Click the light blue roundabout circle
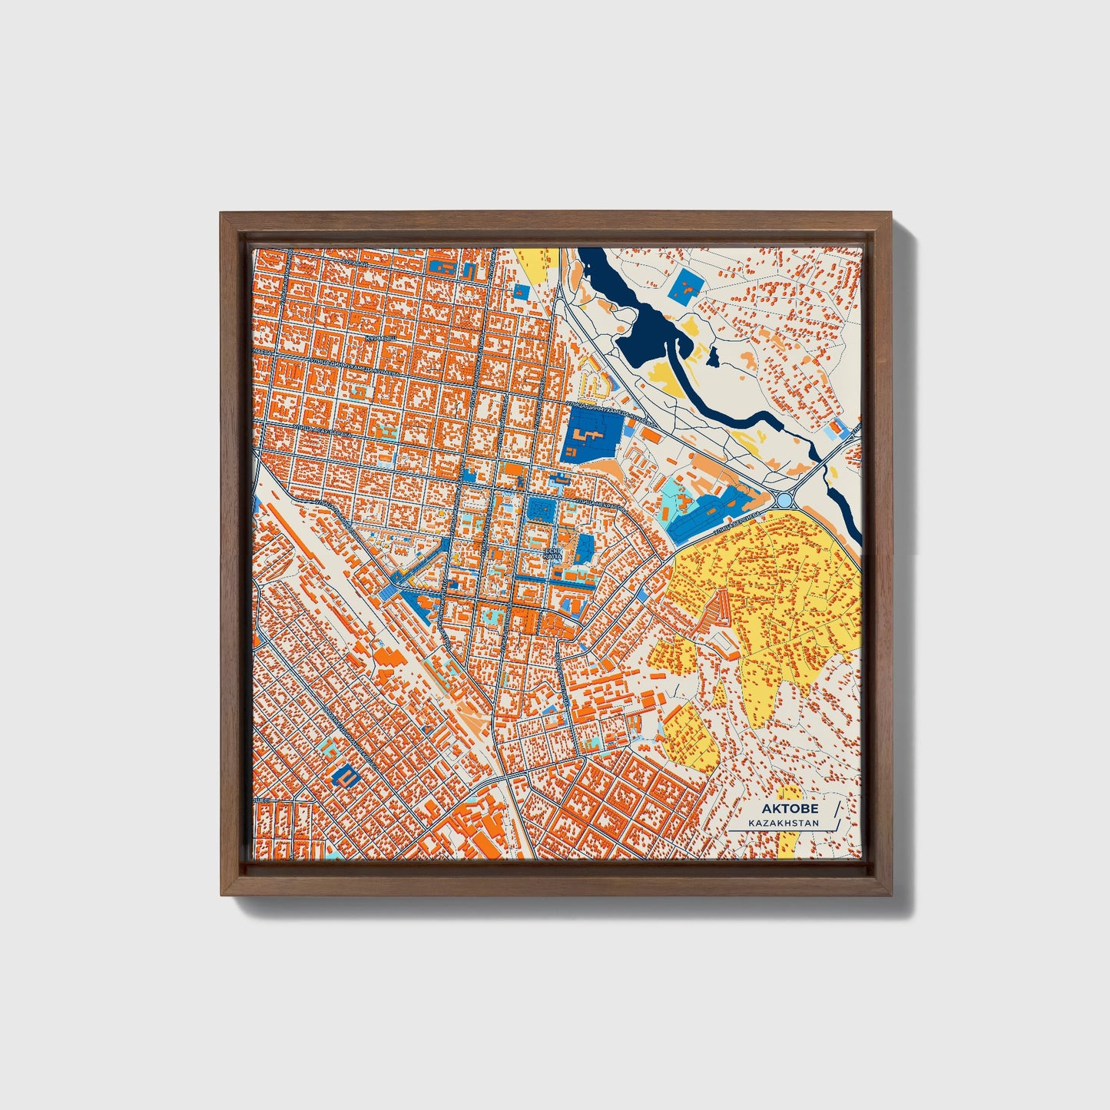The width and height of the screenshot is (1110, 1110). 784,500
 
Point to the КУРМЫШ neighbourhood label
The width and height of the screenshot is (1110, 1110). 381,338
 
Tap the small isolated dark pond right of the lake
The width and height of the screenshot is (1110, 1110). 714,356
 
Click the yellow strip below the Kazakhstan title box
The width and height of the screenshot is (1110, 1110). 788,844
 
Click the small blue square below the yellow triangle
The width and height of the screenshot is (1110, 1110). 522,292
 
